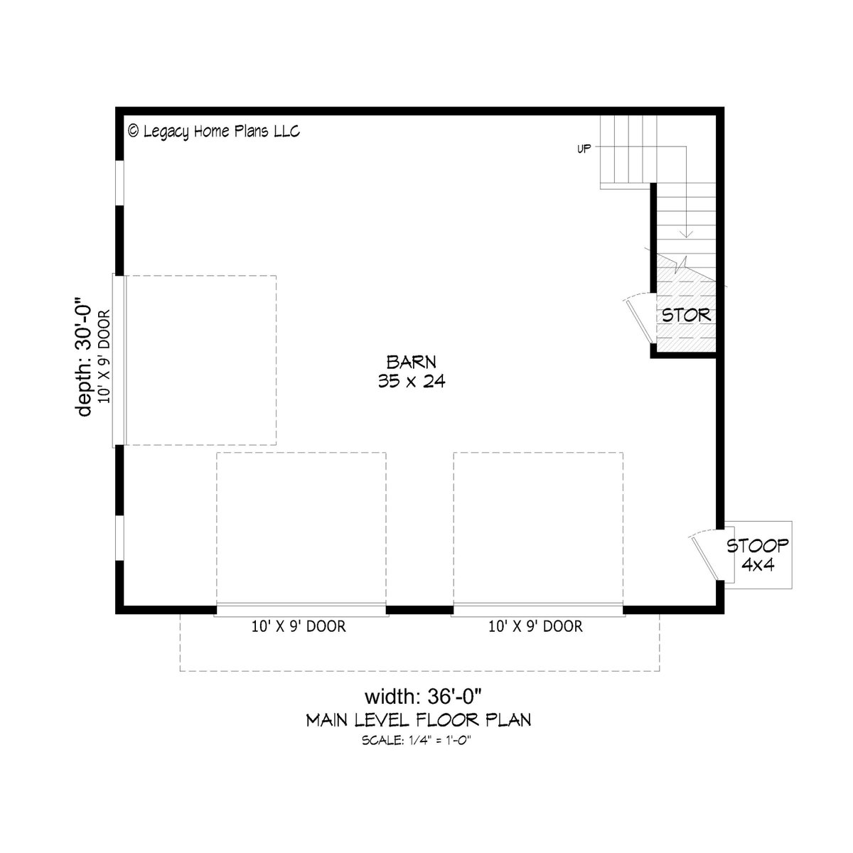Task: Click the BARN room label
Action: (412, 362)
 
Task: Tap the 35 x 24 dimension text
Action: (412, 381)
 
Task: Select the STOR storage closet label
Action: (686, 315)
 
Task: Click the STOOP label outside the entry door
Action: (757, 546)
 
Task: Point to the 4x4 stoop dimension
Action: (758, 565)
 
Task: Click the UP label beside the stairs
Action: (584, 149)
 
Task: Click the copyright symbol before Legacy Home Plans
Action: (133, 131)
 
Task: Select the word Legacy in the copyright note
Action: (166, 132)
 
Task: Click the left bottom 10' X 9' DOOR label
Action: (299, 626)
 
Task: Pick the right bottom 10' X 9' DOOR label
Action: (536, 626)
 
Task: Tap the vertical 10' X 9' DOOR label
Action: (104, 356)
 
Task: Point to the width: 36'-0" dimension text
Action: (423, 697)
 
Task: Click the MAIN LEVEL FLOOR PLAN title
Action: (418, 720)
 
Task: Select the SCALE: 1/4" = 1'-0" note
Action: (416, 740)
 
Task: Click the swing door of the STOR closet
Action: (640, 321)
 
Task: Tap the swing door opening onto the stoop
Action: (704, 557)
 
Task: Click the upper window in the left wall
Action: (119, 183)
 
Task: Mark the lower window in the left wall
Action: (119, 537)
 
